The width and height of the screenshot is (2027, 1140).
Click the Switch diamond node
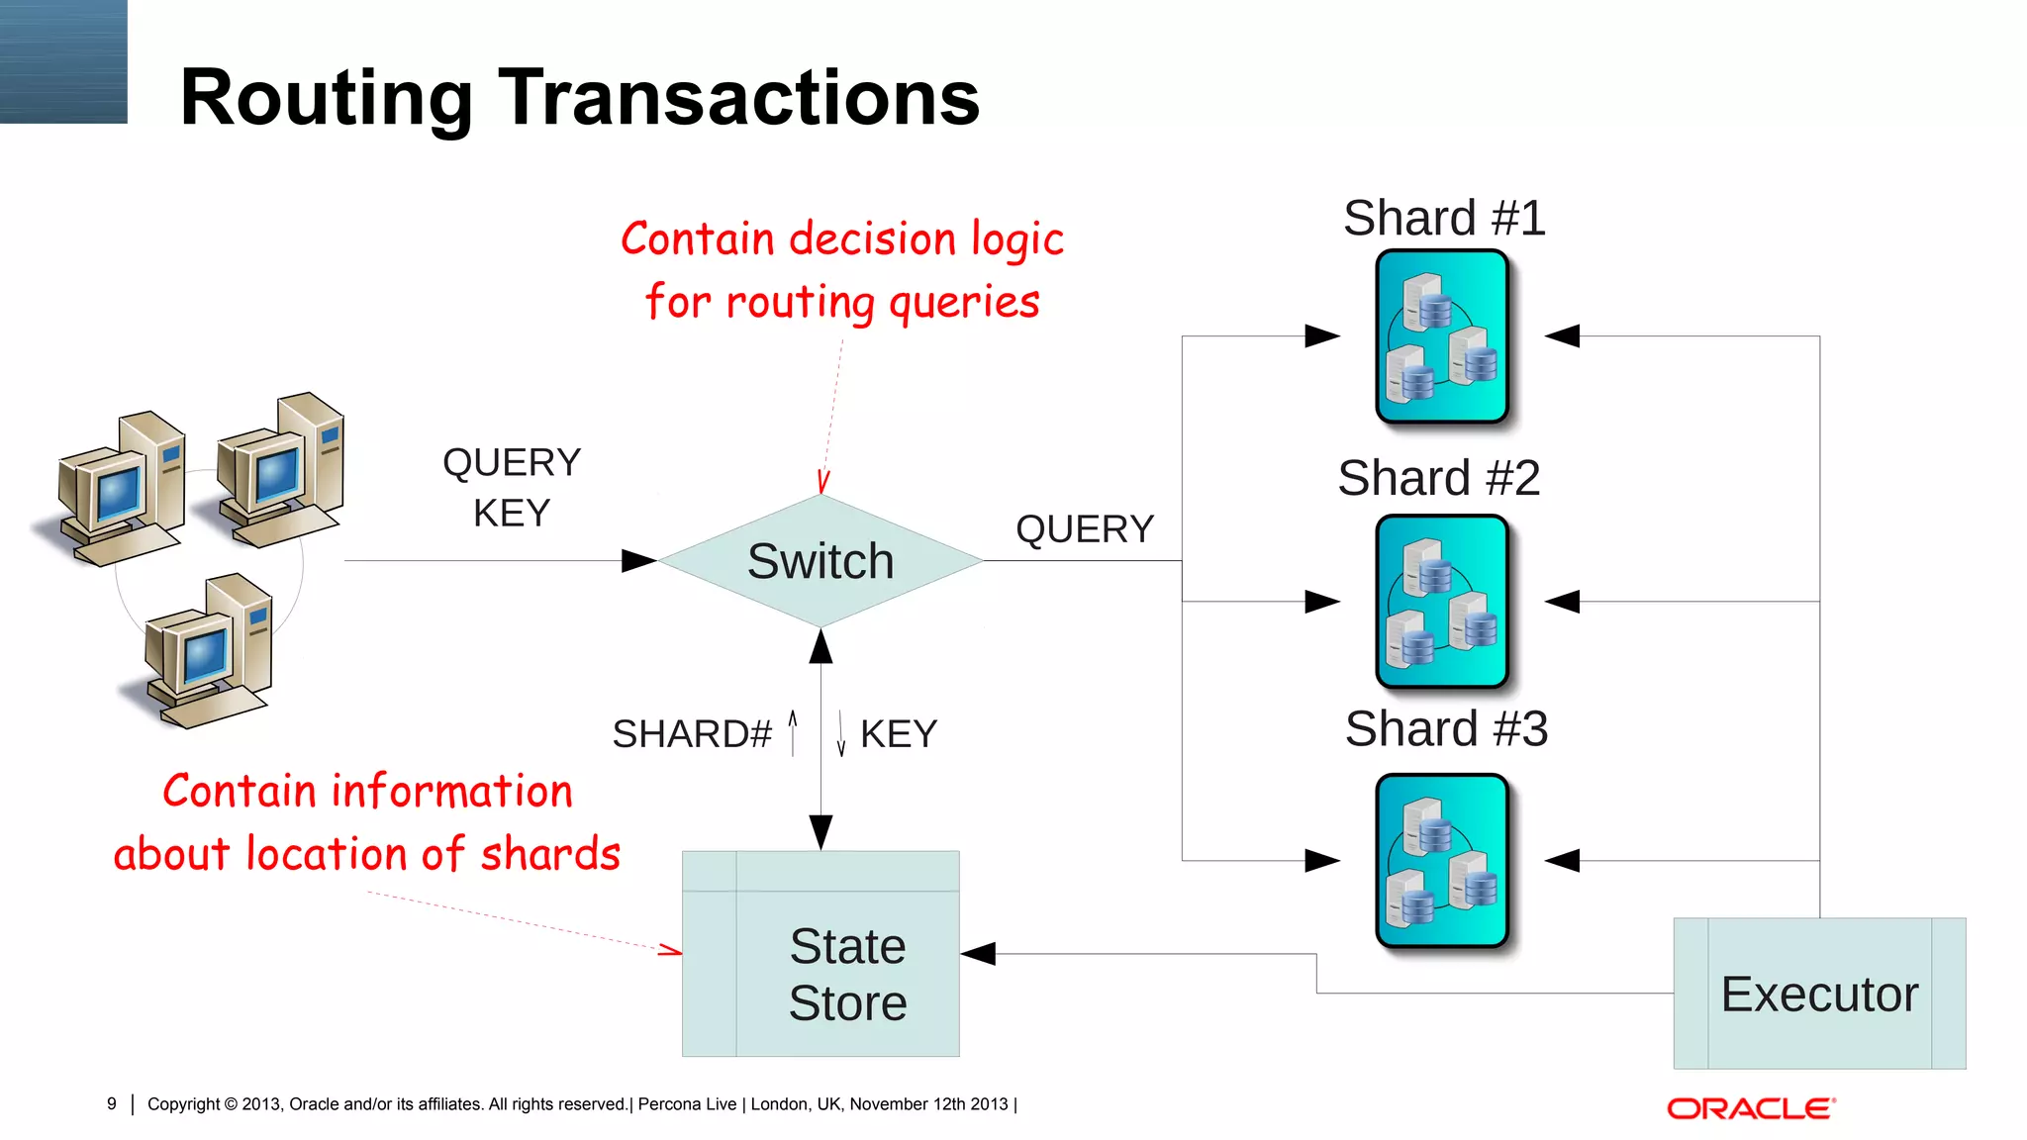(820, 561)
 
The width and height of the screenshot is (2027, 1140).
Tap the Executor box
(1819, 994)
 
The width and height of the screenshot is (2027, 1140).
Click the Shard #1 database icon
(1442, 336)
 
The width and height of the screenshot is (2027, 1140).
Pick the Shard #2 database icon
(1442, 602)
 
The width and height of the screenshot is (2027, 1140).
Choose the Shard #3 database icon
(1442, 861)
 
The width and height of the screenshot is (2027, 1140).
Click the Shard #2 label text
(1438, 478)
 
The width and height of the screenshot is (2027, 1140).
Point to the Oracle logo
(1750, 1108)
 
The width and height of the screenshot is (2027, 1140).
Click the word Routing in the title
(327, 98)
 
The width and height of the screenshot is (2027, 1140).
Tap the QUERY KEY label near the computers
(512, 488)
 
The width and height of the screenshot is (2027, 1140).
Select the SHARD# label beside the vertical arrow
(692, 734)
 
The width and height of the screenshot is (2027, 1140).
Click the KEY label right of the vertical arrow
(899, 734)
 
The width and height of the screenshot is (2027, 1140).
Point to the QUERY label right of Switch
(1085, 529)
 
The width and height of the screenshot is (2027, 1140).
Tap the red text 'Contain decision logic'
(842, 239)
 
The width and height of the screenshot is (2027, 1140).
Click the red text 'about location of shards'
(367, 854)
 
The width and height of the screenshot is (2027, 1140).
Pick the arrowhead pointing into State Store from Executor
(978, 954)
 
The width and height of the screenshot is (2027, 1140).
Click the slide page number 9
(112, 1103)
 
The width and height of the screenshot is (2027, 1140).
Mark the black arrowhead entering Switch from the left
(638, 561)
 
